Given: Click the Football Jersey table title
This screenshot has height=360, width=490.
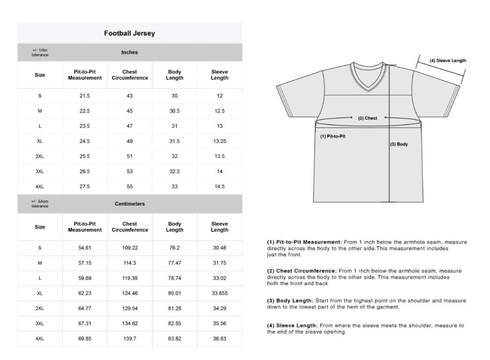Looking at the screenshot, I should (129, 33).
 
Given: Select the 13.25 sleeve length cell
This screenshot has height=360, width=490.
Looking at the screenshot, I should (220, 141).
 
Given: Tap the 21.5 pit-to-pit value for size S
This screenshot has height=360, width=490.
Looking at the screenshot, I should (85, 96).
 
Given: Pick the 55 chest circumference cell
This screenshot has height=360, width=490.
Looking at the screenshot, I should (130, 186).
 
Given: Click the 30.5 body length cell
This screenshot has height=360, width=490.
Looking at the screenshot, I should (175, 111).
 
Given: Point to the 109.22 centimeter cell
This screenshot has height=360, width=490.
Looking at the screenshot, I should (130, 248).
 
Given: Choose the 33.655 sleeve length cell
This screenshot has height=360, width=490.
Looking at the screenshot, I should (220, 293).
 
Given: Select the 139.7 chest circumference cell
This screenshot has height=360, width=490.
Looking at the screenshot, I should (130, 338).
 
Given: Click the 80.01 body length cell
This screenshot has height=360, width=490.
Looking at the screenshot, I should (175, 293).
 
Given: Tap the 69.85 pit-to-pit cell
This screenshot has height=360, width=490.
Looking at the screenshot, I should (85, 338).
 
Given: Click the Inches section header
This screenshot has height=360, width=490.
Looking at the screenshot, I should (130, 52).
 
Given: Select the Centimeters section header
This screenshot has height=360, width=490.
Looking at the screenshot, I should (130, 204).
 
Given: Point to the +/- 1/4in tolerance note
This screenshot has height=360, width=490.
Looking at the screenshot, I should (40, 53).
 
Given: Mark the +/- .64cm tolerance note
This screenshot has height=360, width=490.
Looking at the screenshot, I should (40, 204).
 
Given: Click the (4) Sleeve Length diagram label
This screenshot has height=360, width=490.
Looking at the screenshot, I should (447, 61).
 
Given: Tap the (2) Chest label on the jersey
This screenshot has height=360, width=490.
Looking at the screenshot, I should (368, 118).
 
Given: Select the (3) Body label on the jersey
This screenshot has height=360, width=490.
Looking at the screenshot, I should (399, 144).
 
